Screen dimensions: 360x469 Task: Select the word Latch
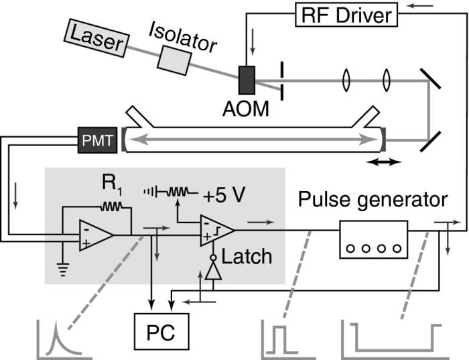coord(249,256)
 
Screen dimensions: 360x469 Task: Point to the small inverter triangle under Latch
coord(213,270)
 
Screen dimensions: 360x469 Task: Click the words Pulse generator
coord(373,200)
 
